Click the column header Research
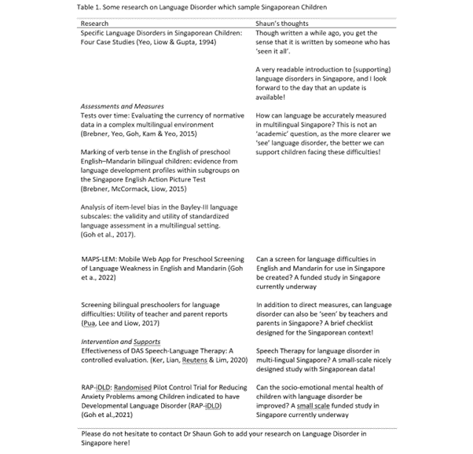95,24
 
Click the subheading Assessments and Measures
123,105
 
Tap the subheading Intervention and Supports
120,342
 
